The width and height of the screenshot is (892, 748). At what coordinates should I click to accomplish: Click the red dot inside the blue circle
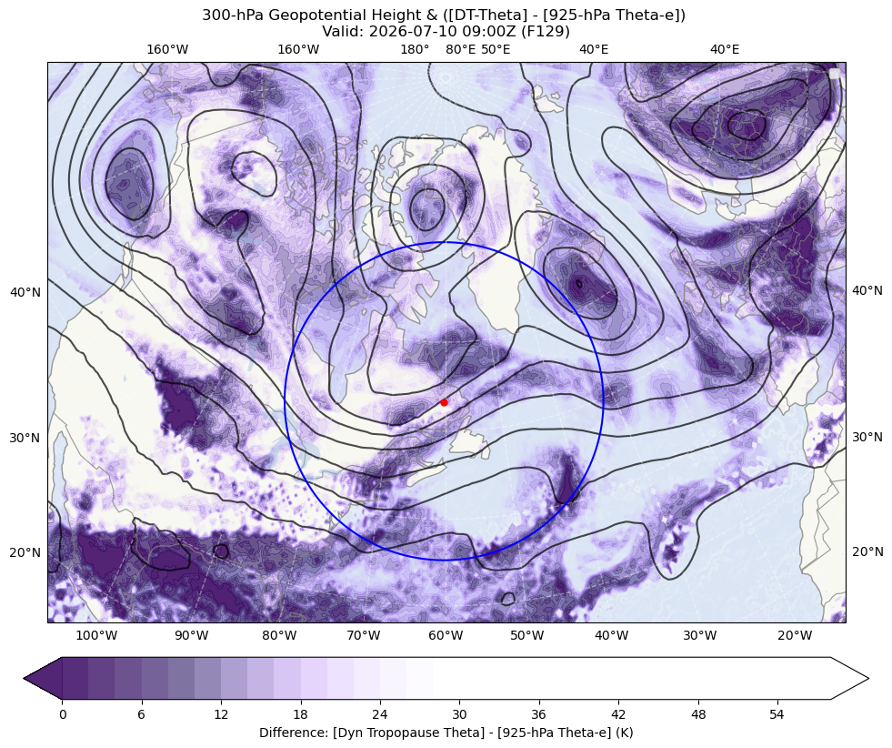pyautogui.click(x=444, y=402)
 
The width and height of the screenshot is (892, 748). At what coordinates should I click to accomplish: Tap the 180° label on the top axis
pyautogui.click(x=415, y=49)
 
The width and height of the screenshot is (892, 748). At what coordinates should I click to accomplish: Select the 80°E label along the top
pyautogui.click(x=460, y=49)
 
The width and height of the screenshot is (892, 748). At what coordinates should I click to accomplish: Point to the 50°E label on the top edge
pyautogui.click(x=496, y=49)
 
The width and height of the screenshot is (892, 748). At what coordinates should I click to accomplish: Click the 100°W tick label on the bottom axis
pyautogui.click(x=96, y=635)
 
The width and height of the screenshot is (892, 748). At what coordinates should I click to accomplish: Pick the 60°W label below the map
pyautogui.click(x=446, y=635)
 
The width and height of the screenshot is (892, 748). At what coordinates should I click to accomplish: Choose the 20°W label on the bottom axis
pyautogui.click(x=795, y=635)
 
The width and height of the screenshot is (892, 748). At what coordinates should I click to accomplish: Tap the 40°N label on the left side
pyautogui.click(x=25, y=293)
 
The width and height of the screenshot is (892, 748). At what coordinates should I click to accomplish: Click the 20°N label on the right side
pyautogui.click(x=867, y=551)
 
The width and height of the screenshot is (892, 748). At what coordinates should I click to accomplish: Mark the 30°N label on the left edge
pyautogui.click(x=25, y=439)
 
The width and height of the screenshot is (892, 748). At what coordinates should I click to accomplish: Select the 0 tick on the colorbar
pyautogui.click(x=62, y=714)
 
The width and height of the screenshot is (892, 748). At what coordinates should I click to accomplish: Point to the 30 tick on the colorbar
pyautogui.click(x=459, y=714)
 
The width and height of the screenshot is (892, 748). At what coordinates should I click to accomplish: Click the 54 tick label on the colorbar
pyautogui.click(x=777, y=714)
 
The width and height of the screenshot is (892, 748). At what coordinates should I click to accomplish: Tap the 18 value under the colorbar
pyautogui.click(x=300, y=714)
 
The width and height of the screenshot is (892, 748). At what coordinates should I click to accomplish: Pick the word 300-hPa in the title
pyautogui.click(x=234, y=15)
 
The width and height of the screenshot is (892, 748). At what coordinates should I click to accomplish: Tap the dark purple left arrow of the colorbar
pyautogui.click(x=43, y=678)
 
